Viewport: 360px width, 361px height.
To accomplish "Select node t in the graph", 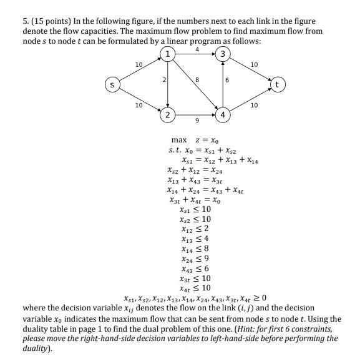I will coord(278,83).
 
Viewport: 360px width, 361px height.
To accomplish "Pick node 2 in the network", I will coord(167,114).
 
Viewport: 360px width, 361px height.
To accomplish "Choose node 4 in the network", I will coord(223,114).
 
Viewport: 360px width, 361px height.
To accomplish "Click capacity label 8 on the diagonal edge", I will coord(197,79).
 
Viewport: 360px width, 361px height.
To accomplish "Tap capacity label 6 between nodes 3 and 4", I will coord(228,80).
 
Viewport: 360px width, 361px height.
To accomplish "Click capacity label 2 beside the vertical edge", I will coord(162,80).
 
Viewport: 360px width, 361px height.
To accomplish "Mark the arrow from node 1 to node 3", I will coord(195,54).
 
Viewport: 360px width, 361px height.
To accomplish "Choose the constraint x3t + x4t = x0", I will coord(195,200).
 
